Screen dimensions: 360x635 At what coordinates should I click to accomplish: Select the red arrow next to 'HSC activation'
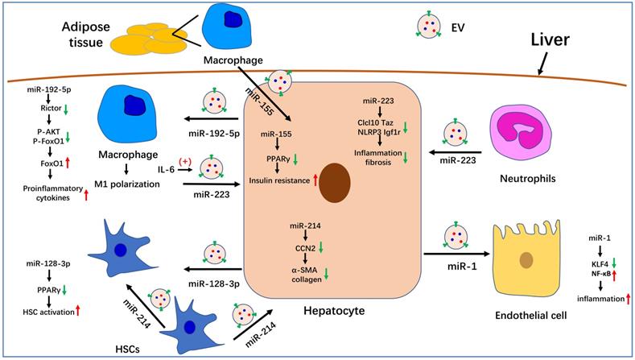(82, 312)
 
